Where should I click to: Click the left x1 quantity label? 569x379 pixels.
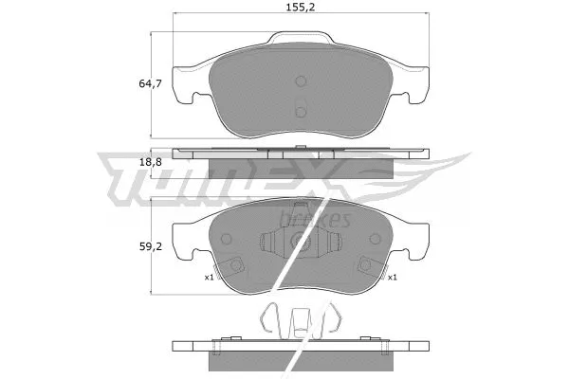coord(208,278)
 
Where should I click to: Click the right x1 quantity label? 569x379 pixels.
coord(390,278)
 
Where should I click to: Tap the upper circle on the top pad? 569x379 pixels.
coord(301,82)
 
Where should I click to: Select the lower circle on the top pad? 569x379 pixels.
coord(301,112)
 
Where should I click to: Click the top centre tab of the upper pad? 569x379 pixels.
coord(301,40)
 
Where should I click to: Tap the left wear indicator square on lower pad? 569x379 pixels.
coord(237,266)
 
